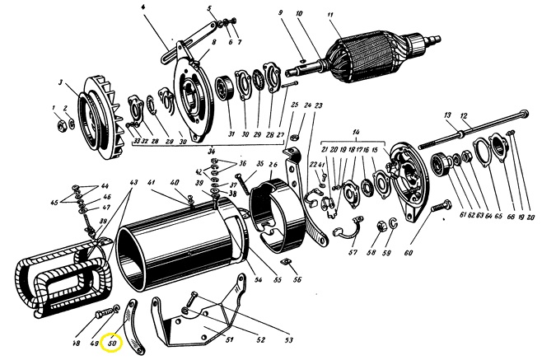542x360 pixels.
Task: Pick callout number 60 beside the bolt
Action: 406,253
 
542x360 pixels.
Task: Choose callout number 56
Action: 297,281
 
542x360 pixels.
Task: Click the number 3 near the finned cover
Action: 60,83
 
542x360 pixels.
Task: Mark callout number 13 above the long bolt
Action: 446,115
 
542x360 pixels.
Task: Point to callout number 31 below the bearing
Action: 231,134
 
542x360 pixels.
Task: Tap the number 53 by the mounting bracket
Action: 289,339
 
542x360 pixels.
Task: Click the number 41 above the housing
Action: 151,182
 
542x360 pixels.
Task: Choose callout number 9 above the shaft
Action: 280,12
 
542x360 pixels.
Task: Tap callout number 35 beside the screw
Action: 259,164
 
